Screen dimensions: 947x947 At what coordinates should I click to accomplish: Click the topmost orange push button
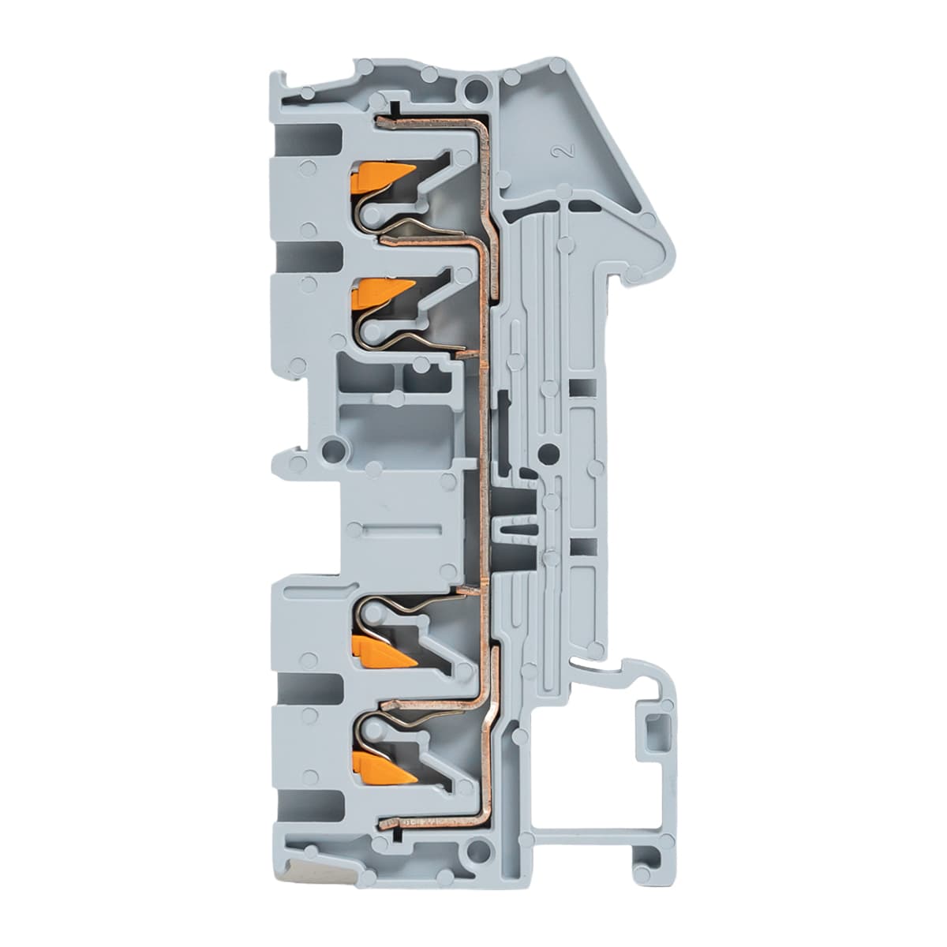(x=382, y=174)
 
